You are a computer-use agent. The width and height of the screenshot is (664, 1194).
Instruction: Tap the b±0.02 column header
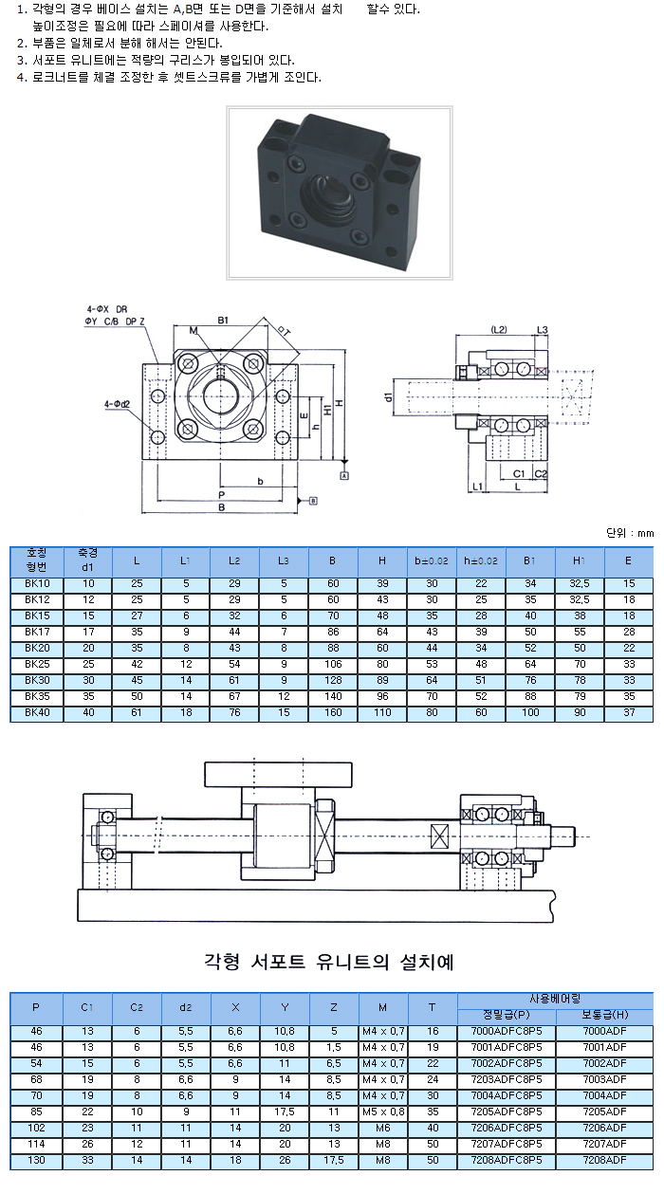tap(432, 560)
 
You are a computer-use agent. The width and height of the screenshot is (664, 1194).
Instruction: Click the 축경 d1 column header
tap(88, 560)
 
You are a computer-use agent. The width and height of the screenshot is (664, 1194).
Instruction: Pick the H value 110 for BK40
tap(382, 712)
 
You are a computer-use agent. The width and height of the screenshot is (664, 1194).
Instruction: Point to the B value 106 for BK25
tap(333, 664)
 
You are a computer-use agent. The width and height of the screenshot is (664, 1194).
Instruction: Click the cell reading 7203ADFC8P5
tap(507, 1078)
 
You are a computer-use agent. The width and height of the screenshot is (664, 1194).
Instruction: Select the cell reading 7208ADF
tap(604, 1159)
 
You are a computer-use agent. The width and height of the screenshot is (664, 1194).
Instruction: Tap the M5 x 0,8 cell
tap(383, 1111)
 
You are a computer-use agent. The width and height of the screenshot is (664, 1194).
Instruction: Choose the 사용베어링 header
tap(555, 999)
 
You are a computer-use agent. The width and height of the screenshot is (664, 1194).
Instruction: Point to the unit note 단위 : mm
tap(630, 533)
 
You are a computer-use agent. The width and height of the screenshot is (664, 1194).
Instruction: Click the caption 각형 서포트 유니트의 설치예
tap(329, 962)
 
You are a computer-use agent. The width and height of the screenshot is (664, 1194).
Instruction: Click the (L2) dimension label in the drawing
tap(500, 329)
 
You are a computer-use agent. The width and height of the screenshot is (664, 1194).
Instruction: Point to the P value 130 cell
tap(36, 1159)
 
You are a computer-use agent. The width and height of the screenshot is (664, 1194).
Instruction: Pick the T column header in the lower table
tap(433, 1006)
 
